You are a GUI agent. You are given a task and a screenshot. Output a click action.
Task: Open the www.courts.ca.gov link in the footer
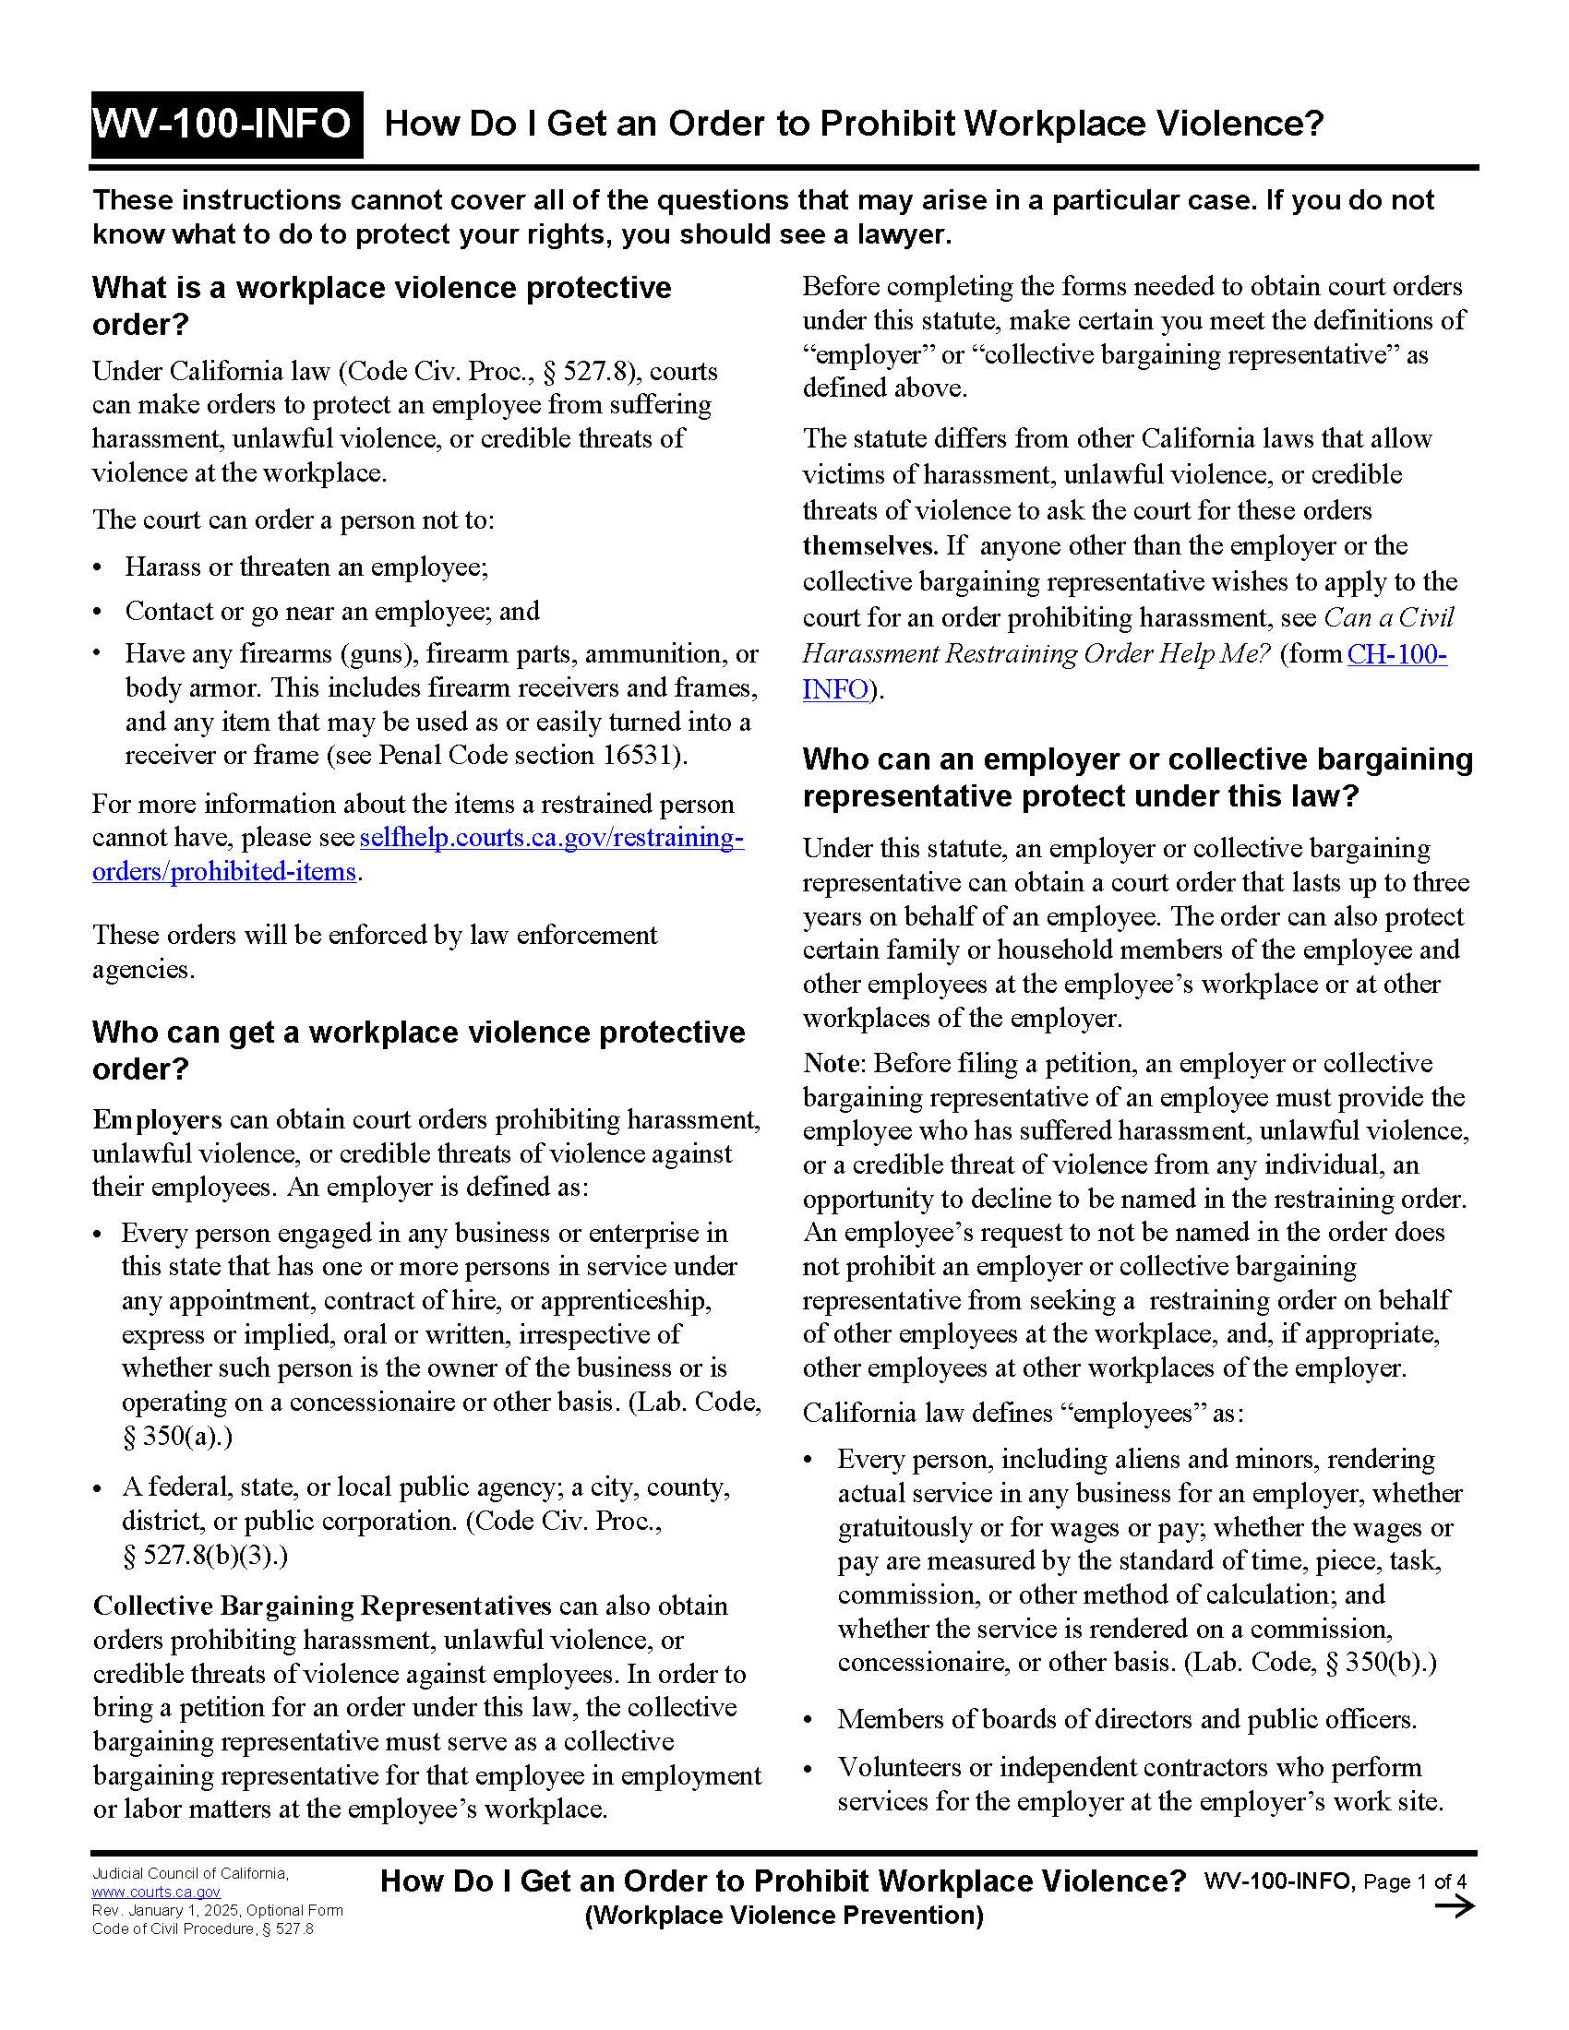point(155,1892)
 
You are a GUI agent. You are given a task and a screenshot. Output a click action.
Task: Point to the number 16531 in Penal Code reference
point(641,756)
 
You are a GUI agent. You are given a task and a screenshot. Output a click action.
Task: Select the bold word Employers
point(156,1120)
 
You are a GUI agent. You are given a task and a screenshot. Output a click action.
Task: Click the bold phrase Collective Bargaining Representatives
point(321,1606)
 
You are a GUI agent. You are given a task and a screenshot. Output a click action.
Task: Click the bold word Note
point(832,1063)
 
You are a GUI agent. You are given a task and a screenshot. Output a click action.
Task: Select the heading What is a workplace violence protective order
point(381,305)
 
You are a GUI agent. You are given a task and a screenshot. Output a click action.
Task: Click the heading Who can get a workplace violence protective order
point(417,1050)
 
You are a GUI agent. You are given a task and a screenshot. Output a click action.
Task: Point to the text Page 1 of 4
point(1415,1881)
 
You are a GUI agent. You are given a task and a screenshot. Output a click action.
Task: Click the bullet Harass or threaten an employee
point(305,567)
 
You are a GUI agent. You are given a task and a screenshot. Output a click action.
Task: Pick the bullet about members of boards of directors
point(1126,1720)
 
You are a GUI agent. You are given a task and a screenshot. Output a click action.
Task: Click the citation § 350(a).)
point(176,1437)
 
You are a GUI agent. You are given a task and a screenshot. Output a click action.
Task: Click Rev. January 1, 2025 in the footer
point(167,1910)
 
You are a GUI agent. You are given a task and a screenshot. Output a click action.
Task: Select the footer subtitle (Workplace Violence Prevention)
point(783,1915)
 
